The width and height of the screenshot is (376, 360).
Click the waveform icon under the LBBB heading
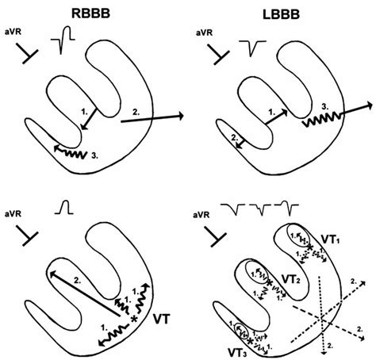(255, 48)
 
